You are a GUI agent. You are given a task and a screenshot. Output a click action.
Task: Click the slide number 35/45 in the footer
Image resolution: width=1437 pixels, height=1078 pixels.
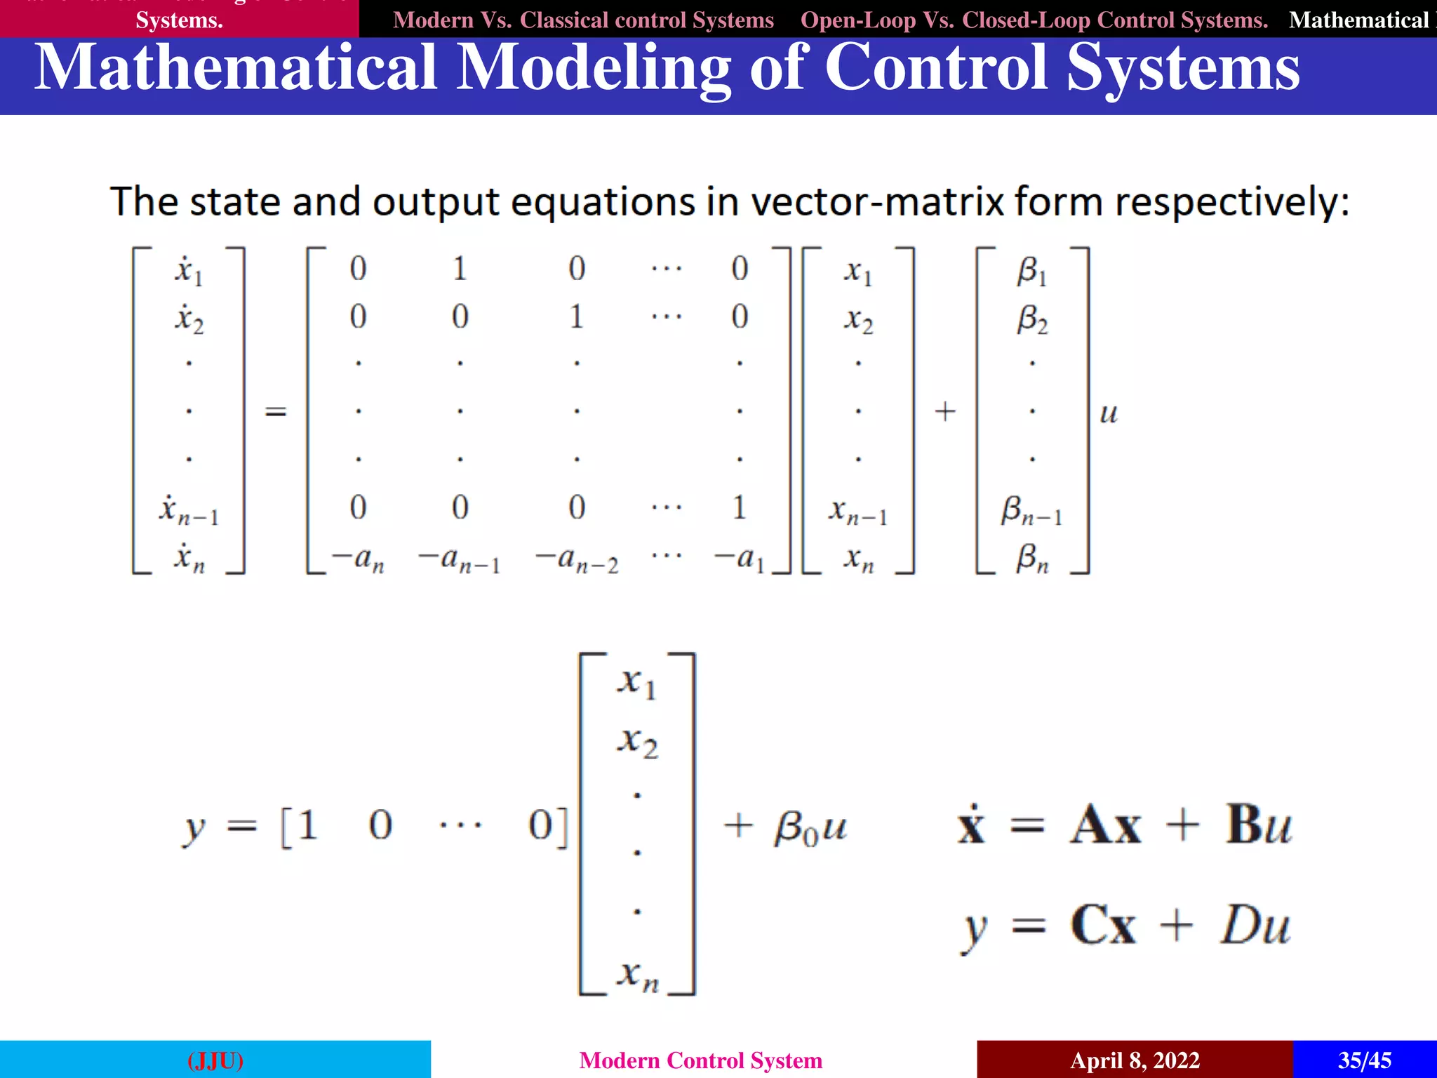click(1364, 1060)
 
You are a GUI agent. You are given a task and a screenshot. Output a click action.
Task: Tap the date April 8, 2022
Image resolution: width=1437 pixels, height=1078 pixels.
click(1135, 1060)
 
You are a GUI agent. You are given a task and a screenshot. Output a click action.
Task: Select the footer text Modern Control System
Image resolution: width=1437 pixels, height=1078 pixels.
click(700, 1060)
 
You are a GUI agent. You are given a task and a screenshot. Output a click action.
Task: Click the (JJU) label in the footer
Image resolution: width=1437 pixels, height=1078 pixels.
click(215, 1060)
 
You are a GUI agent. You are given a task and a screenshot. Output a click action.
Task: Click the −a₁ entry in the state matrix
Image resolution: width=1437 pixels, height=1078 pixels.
click(739, 559)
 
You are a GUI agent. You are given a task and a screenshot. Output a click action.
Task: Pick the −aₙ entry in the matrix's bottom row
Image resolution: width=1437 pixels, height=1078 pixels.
click(358, 559)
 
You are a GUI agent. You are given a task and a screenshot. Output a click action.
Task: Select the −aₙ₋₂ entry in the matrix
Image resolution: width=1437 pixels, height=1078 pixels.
click(577, 560)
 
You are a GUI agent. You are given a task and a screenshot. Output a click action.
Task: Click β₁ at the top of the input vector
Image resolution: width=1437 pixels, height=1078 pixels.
click(1031, 271)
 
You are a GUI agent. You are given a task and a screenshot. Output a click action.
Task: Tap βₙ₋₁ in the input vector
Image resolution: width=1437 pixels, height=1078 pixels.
click(1031, 511)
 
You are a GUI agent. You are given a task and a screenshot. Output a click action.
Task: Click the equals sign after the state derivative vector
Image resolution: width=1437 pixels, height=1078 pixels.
click(276, 411)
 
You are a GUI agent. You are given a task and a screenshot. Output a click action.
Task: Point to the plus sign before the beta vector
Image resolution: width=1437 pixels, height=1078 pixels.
click(945, 411)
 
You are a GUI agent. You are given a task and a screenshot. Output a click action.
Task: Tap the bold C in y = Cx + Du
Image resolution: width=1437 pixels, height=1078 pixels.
click(1088, 925)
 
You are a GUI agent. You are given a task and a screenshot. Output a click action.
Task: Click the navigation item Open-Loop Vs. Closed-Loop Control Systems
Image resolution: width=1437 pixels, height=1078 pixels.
click(1034, 20)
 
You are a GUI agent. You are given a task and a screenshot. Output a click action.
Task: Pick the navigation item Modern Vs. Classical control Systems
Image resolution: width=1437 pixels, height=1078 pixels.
click(583, 20)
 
